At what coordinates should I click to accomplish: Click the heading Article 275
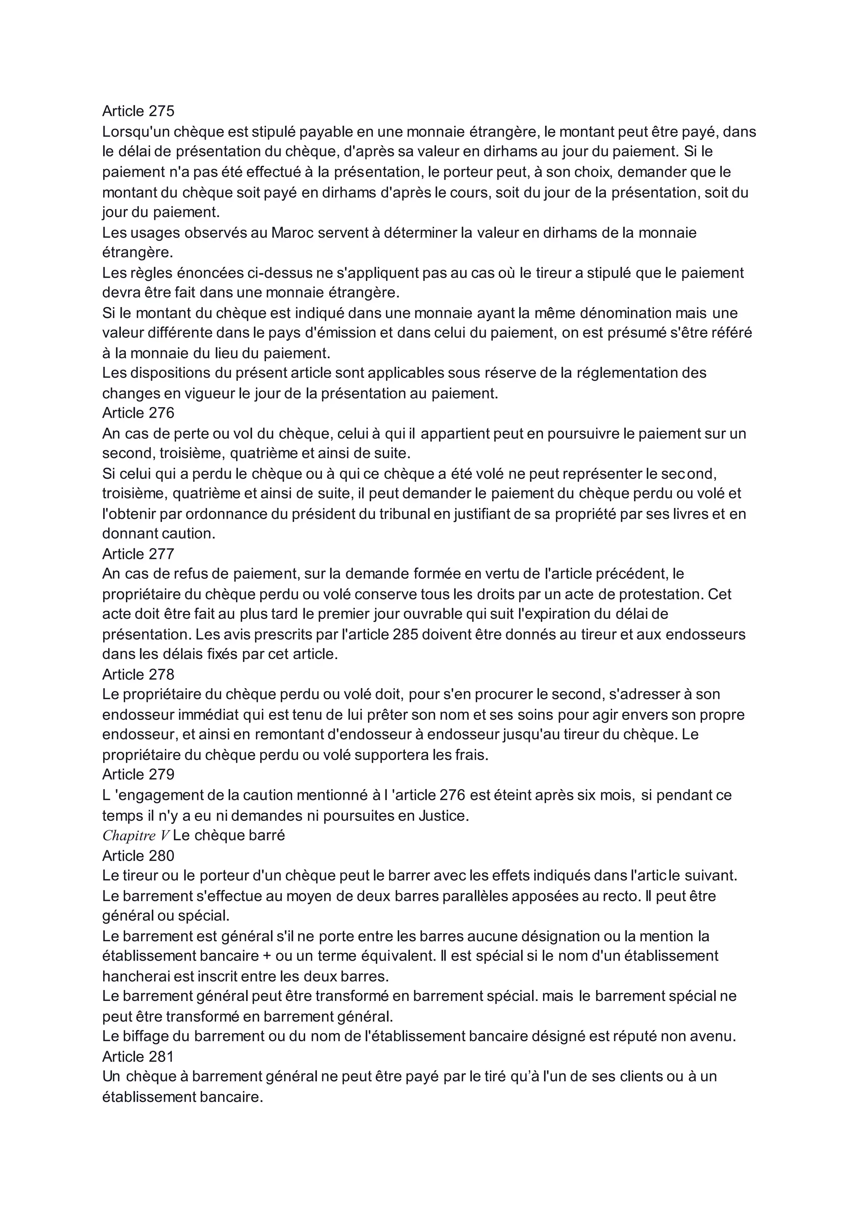coord(138,111)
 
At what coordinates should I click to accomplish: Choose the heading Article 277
coord(138,554)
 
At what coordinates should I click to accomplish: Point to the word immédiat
coord(205,715)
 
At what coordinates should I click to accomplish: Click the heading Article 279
coord(138,775)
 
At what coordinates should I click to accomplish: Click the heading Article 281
coord(138,1057)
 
